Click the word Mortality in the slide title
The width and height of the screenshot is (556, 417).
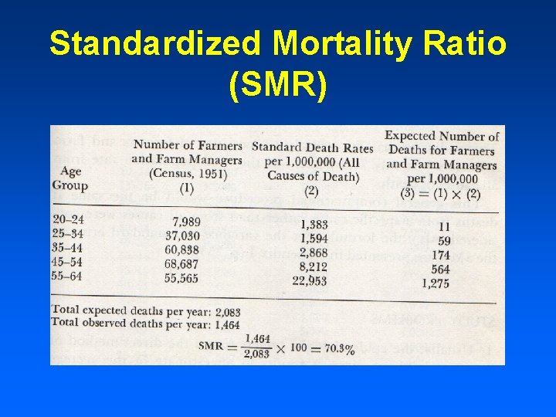point(335,45)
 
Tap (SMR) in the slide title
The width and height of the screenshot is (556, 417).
point(278,86)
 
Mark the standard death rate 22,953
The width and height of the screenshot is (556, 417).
point(309,280)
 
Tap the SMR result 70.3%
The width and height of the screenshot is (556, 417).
point(337,349)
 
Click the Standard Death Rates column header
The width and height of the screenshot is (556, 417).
point(313,147)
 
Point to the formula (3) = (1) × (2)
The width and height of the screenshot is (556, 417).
point(439,193)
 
